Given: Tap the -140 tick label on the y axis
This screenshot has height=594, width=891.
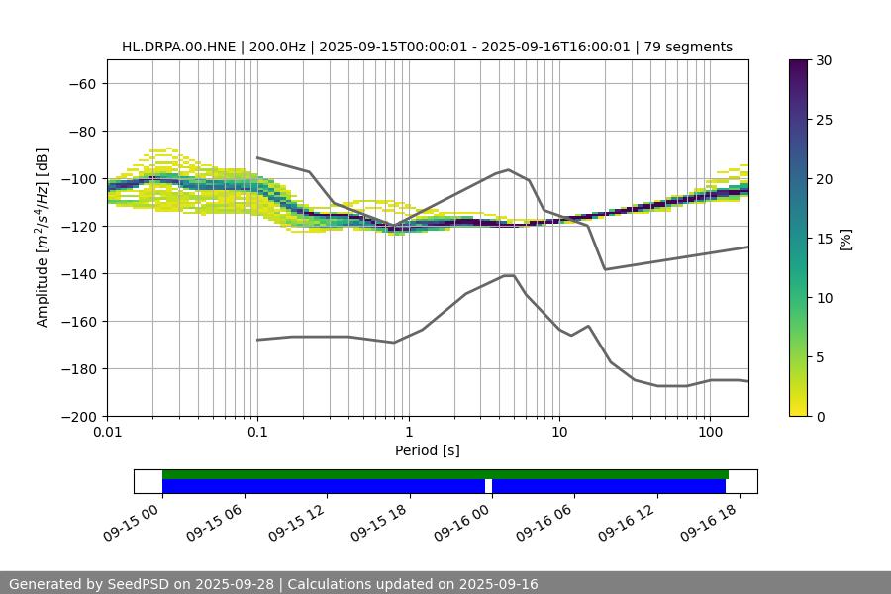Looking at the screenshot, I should point(77,273).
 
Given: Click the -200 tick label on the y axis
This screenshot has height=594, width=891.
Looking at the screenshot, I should point(77,416).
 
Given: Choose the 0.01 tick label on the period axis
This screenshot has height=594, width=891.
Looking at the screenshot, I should point(107,433).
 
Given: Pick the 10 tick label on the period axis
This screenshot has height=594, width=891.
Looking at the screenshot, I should point(559,433).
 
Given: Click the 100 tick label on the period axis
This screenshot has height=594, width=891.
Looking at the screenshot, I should point(710,433).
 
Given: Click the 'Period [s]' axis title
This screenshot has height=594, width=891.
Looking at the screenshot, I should point(427,450).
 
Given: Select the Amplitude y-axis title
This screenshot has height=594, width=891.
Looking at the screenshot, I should point(43,238).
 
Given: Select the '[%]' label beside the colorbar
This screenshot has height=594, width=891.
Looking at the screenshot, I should point(844,239).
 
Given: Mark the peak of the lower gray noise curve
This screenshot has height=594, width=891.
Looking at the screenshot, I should point(509,275).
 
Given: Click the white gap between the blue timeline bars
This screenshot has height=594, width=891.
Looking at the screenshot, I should point(488,486).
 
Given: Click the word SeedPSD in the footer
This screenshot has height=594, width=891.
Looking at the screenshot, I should point(139,584).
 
